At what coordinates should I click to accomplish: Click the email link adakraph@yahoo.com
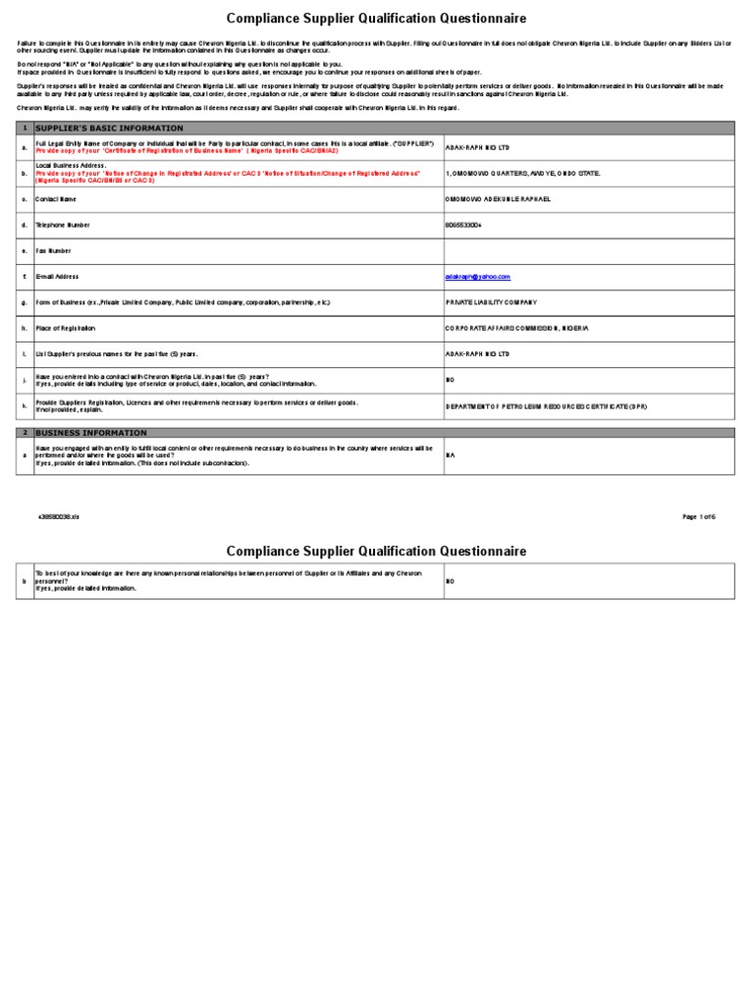tap(478, 277)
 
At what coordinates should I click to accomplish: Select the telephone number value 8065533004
tap(464, 225)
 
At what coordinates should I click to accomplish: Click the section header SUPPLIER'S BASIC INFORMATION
tap(109, 129)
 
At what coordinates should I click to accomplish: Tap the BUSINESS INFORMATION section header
tap(90, 432)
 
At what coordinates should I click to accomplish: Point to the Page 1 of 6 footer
tap(699, 516)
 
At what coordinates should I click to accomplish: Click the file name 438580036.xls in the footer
tap(59, 516)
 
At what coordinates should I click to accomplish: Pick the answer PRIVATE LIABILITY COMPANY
tap(492, 302)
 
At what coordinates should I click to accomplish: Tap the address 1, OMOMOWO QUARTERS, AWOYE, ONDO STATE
tap(522, 173)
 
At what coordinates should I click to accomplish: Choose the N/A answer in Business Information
tap(451, 455)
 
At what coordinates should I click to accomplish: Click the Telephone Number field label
tap(63, 225)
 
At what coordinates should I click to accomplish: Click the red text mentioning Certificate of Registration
tap(187, 151)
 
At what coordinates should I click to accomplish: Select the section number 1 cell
tap(25, 129)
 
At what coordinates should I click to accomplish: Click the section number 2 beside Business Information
tap(25, 432)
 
